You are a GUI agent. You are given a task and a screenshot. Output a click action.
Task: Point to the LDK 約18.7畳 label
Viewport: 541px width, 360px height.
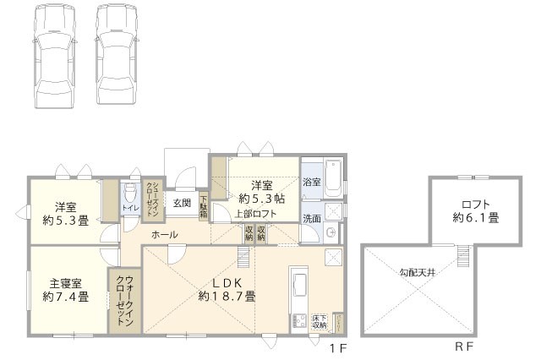pyautogui.click(x=227, y=290)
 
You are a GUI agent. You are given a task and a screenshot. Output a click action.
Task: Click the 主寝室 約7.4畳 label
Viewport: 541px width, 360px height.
pyautogui.click(x=64, y=290)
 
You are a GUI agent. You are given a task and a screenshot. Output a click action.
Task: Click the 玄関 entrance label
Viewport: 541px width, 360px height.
pyautogui.click(x=183, y=203)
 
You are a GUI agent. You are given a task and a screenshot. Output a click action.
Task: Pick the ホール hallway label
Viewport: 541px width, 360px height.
pyautogui.click(x=165, y=234)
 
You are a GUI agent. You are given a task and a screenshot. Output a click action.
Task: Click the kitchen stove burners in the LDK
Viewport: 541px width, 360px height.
pyautogui.click(x=298, y=320)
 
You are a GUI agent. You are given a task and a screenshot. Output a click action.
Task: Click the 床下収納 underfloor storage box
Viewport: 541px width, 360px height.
pyautogui.click(x=319, y=322)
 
